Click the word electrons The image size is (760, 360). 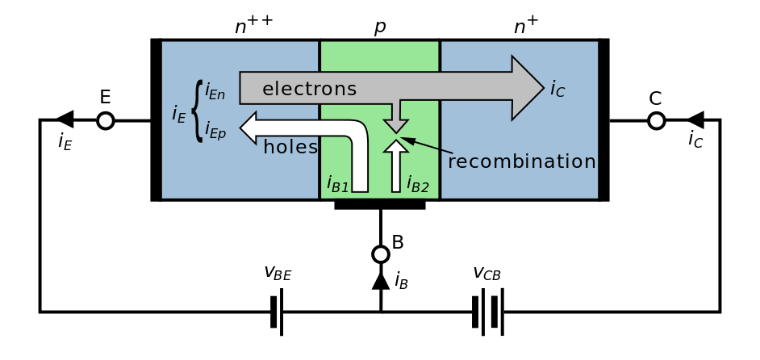[x=309, y=89]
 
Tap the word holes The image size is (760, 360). [x=290, y=148]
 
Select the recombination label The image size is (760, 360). [x=521, y=161]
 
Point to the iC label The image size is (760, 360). [x=557, y=89]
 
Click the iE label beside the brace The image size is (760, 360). [x=179, y=115]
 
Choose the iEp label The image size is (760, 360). [x=215, y=129]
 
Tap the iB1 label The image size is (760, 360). [x=337, y=184]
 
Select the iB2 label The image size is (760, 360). [x=417, y=185]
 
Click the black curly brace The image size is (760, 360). [x=197, y=111]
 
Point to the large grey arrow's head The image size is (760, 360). [x=528, y=88]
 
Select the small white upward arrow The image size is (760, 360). [x=395, y=165]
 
